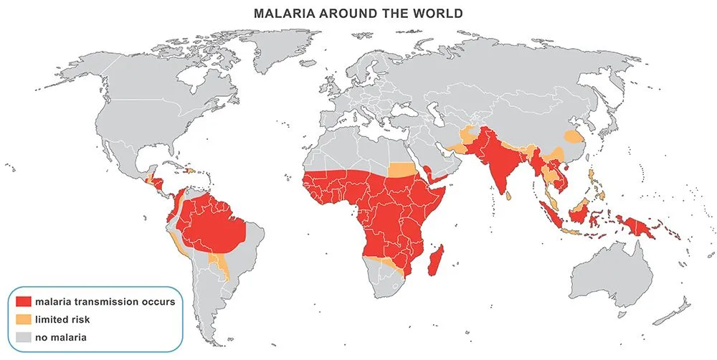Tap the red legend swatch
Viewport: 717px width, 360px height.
(24, 301)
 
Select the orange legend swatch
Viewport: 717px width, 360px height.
(24, 318)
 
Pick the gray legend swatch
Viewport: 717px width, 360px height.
(24, 336)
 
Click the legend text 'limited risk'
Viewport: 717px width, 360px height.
(65, 318)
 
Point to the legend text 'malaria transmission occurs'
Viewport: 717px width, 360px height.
(107, 301)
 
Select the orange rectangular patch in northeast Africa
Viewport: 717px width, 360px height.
(405, 170)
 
